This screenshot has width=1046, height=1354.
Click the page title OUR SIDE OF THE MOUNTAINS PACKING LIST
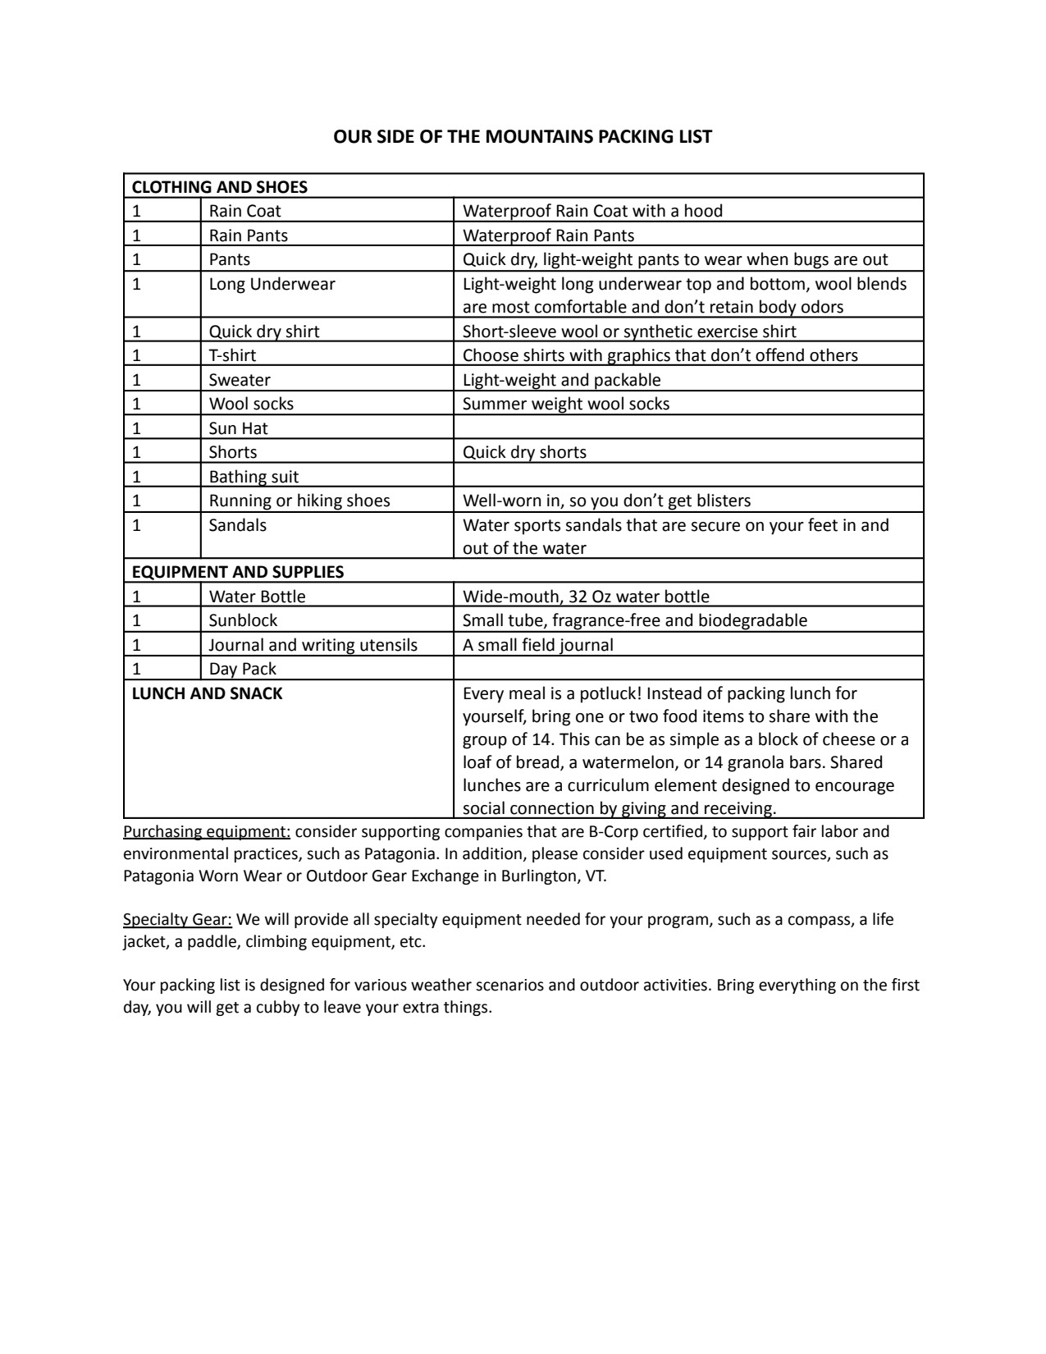coord(523,136)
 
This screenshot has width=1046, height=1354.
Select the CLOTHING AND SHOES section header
coord(220,187)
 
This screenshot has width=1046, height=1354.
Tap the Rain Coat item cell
coord(245,211)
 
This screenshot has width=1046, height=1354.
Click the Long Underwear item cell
coord(272,284)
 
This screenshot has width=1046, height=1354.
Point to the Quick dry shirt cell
coord(264,332)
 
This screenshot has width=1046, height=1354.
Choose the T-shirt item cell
coord(232,355)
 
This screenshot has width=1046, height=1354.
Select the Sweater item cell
coord(240,380)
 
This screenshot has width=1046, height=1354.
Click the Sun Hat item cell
coord(239,428)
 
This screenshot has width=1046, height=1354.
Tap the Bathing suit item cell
coord(254,477)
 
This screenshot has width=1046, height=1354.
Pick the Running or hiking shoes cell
coord(299,501)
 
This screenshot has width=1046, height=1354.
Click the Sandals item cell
coord(238,525)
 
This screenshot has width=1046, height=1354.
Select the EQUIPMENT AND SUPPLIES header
coord(238,572)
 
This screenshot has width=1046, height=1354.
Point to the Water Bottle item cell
coord(257,597)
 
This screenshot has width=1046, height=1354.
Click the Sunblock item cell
coord(243,620)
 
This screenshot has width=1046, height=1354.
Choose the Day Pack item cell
coord(242,669)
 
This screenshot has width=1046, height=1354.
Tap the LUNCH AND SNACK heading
coord(208,693)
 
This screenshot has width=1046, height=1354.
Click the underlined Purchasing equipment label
coord(207,832)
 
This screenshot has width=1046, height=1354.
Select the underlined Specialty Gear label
coord(177,919)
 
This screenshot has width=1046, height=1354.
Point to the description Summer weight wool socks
coord(566,404)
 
